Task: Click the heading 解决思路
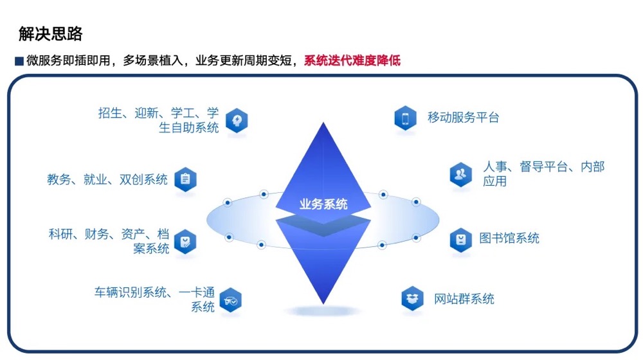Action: pos(50,33)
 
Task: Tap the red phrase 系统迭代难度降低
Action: pos(352,60)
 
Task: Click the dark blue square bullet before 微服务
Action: pos(19,61)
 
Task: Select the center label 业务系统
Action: pos(323,204)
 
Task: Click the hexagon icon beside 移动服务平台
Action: pos(405,118)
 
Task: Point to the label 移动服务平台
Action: pos(463,118)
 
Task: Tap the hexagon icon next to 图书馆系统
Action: pos(460,239)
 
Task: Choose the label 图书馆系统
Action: pos(509,239)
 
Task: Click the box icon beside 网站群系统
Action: pos(412,298)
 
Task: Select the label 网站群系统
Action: pos(464,299)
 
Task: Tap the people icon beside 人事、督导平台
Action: pos(460,175)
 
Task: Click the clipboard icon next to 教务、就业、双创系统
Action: pos(185,179)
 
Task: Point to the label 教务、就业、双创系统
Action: pos(107,179)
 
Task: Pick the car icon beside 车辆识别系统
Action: pos(230,300)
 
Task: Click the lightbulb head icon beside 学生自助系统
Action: pos(237,120)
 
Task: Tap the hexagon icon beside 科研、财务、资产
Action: pos(185,242)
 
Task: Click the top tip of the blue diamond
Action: pos(323,122)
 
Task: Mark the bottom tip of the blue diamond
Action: pos(323,304)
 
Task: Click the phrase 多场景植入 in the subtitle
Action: pos(153,60)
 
